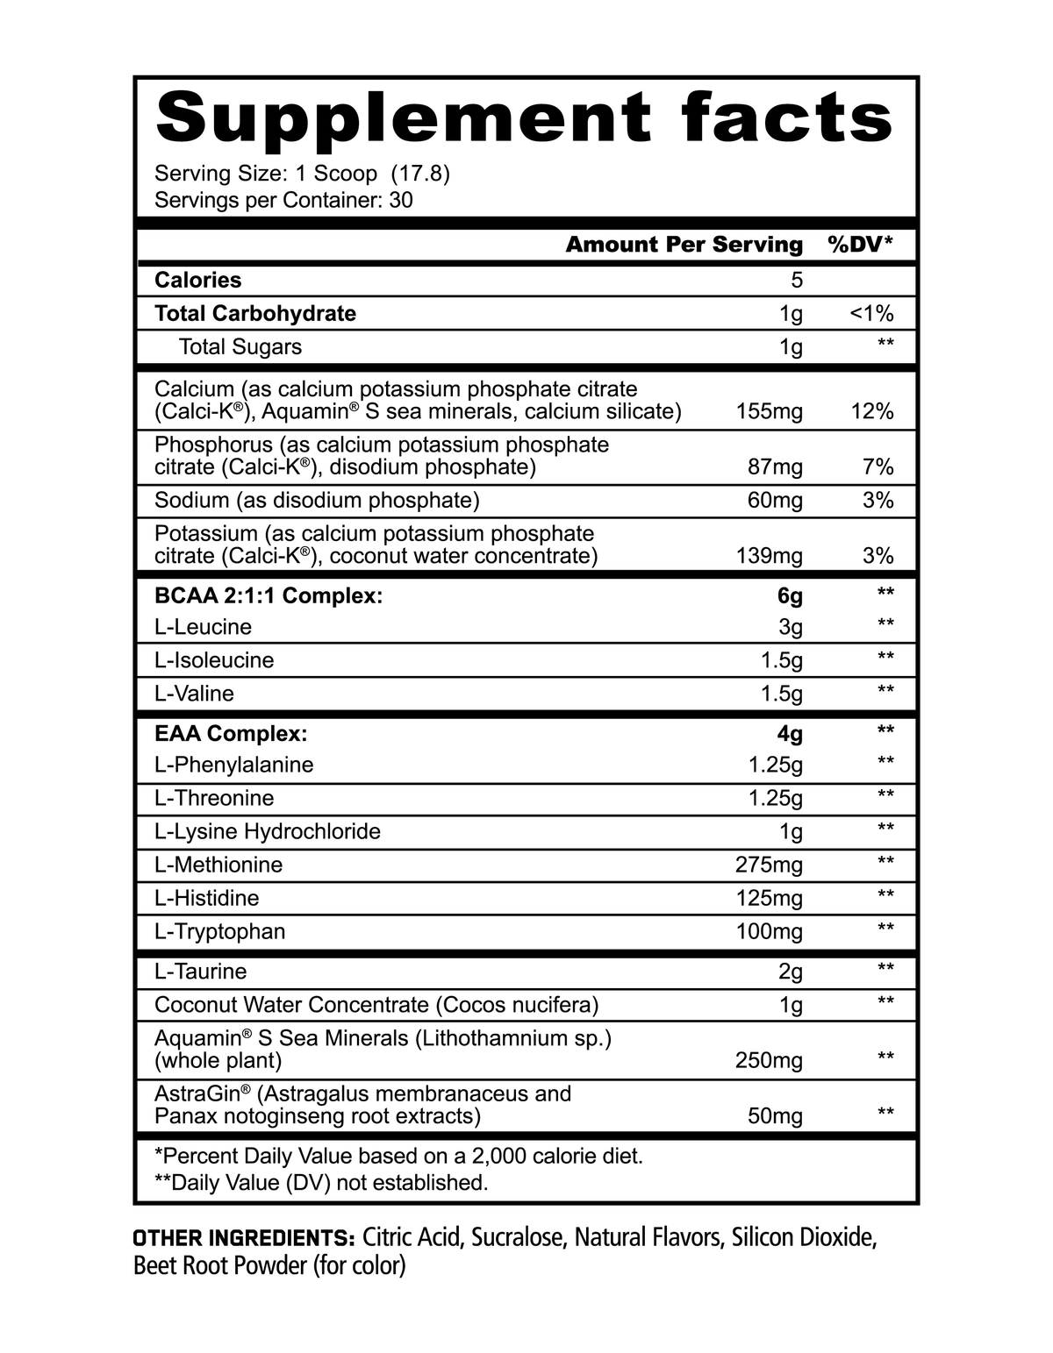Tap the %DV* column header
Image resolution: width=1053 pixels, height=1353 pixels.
tap(860, 245)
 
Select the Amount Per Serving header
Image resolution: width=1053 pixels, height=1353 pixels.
tap(684, 245)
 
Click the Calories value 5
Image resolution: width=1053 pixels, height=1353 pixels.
tap(796, 281)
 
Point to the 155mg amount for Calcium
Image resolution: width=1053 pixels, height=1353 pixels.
tap(770, 411)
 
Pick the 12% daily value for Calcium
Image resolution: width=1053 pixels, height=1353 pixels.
tap(871, 411)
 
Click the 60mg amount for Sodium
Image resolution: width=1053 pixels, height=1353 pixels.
tap(775, 501)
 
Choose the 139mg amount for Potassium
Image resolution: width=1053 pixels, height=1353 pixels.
tap(770, 556)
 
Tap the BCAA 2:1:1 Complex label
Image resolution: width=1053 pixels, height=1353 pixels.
tap(269, 597)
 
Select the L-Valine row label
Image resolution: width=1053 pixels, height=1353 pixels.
tap(194, 694)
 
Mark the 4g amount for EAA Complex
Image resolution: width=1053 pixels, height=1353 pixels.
tap(790, 731)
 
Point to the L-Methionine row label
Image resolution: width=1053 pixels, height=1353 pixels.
tap(218, 865)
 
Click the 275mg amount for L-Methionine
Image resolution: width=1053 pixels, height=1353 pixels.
tap(770, 865)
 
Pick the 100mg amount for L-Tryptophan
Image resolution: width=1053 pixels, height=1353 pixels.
tap(770, 932)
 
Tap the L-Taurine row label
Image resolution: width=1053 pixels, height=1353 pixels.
tap(200, 972)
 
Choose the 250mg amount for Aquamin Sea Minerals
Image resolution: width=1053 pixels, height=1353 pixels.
tap(770, 1061)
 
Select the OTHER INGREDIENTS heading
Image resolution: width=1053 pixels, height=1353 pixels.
tap(243, 1239)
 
